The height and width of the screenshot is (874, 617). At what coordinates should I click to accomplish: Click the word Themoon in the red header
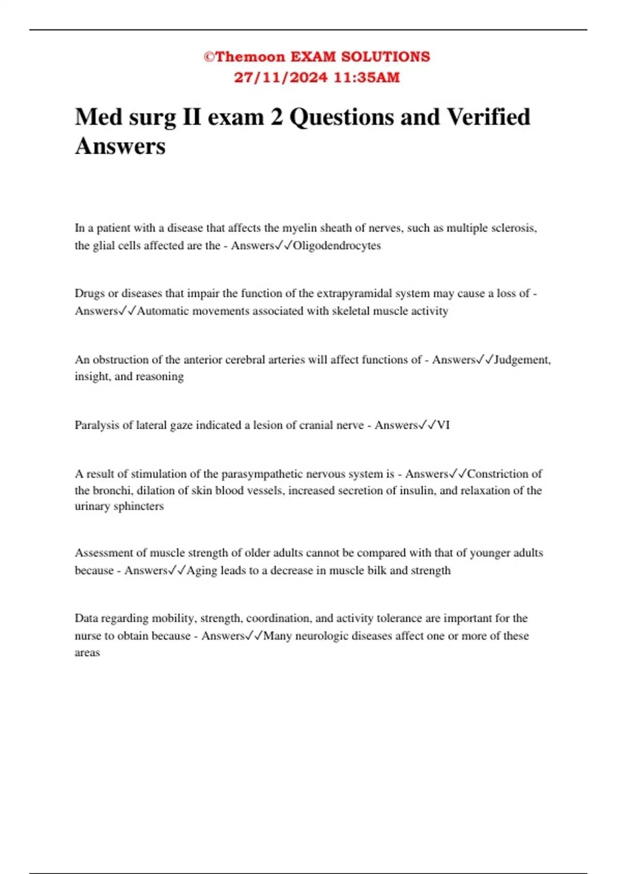(x=250, y=57)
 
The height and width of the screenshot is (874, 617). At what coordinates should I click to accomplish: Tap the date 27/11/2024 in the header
(x=280, y=78)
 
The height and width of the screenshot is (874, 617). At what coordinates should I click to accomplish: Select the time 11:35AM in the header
(x=367, y=78)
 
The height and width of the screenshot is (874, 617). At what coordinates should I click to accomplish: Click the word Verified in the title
(x=488, y=117)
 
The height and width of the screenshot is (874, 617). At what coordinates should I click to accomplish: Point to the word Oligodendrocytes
(x=337, y=246)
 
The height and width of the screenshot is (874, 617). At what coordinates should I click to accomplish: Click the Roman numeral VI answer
(x=443, y=425)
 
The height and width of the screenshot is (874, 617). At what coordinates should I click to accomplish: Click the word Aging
(x=202, y=571)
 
